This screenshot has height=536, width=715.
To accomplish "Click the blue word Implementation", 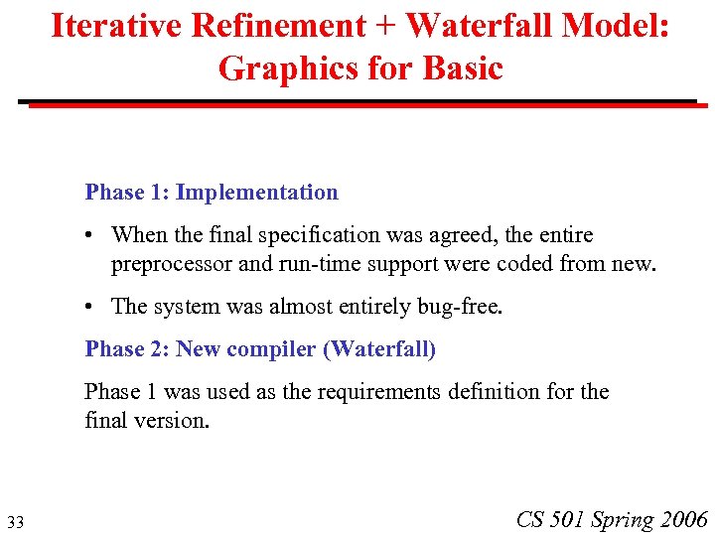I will (x=256, y=193).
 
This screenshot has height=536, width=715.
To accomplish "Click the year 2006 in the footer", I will (x=683, y=519).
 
